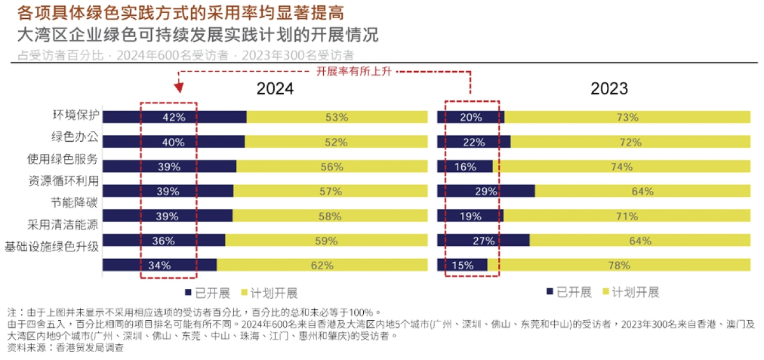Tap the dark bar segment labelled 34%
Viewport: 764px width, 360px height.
pyautogui.click(x=160, y=265)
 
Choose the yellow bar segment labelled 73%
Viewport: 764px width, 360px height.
pyautogui.click(x=627, y=117)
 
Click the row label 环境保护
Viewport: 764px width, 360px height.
pyautogui.click(x=75, y=115)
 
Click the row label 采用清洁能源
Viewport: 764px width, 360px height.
pyautogui.click(x=63, y=224)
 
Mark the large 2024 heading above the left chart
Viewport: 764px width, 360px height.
pyautogui.click(x=275, y=88)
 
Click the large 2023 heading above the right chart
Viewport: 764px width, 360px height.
pyautogui.click(x=608, y=88)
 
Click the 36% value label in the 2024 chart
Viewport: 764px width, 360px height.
pyautogui.click(x=164, y=241)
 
